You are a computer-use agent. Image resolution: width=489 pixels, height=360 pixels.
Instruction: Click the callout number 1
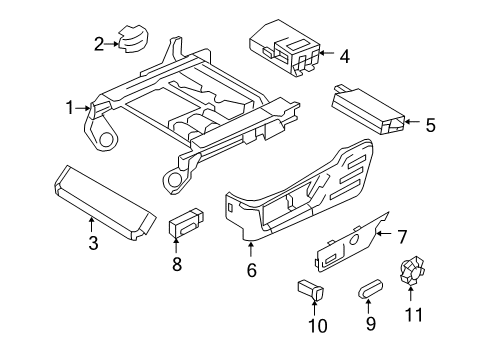click(x=71, y=108)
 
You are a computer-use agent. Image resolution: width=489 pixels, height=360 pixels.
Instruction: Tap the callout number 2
click(x=99, y=42)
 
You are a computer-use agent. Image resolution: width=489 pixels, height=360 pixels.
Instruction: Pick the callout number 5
click(x=430, y=125)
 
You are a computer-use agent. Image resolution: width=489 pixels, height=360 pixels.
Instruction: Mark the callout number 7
click(x=402, y=236)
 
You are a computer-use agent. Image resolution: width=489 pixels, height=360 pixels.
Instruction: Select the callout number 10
click(x=317, y=326)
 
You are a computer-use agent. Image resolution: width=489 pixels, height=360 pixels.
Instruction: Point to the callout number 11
click(x=413, y=315)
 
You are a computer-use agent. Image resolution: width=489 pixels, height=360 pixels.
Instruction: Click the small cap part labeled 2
click(x=132, y=38)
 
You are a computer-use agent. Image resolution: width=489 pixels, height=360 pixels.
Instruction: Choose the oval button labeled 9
click(x=371, y=291)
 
